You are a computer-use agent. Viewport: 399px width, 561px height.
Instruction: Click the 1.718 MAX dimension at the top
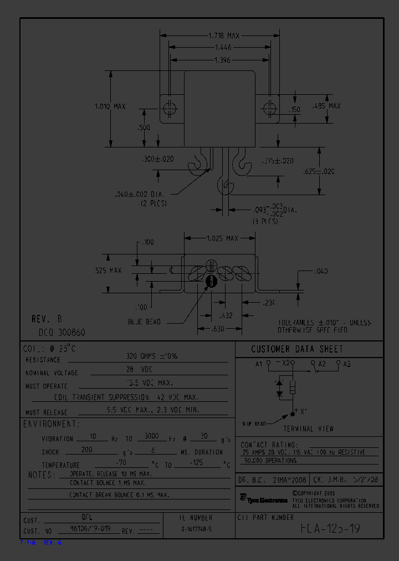(223, 35)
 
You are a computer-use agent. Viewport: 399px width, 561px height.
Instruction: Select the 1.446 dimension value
(223, 48)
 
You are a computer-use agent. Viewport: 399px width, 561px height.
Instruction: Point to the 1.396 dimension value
(223, 60)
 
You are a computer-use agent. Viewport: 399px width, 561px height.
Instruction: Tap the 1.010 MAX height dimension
(110, 106)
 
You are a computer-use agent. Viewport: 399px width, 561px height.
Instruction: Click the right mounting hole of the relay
(269, 108)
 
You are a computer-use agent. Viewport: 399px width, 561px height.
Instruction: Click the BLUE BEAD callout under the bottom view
(144, 322)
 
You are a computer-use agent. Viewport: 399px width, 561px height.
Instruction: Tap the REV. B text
(47, 320)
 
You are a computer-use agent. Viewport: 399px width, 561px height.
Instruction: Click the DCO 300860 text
(62, 333)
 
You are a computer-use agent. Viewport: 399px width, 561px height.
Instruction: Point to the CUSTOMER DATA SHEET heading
(297, 349)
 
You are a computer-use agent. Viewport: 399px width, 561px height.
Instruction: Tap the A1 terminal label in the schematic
(258, 364)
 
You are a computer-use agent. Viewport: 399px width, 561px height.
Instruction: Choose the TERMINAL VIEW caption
(309, 429)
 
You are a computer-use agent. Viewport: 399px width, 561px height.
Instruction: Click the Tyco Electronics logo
(263, 499)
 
